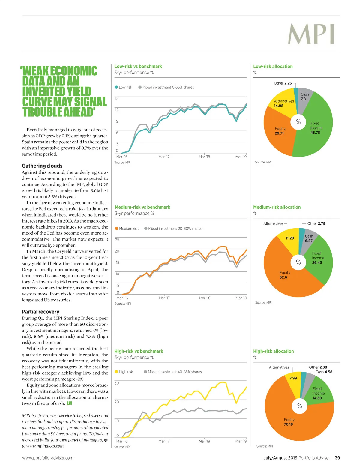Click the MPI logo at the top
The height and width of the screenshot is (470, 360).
coord(311,34)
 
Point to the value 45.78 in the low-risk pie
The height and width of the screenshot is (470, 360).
coord(315,133)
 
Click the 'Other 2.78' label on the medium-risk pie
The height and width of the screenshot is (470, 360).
coord(316,223)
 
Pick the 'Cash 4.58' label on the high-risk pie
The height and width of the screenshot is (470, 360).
coord(324,372)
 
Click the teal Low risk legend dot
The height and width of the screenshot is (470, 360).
coord(116,87)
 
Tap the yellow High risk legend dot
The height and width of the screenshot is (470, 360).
coord(116,372)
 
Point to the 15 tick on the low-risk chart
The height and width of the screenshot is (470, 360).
coord(117,99)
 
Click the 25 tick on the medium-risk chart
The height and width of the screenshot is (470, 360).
coord(117,240)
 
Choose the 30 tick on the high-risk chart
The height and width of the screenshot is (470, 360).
coord(117,383)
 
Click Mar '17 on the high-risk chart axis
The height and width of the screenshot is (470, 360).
coord(164,441)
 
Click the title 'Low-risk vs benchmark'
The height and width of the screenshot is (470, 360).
coord(138,67)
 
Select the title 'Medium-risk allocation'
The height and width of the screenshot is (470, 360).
coord(277,207)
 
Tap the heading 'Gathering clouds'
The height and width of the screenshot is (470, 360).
coord(42,166)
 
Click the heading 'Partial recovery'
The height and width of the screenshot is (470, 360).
coord(40,312)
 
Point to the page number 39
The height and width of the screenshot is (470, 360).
coord(337,458)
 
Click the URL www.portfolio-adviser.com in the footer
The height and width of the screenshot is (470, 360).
coord(48,458)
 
